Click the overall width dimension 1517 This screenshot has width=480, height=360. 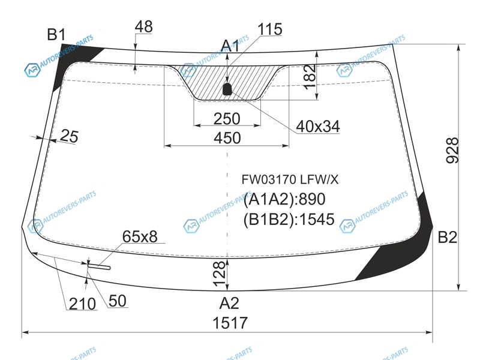[230, 323]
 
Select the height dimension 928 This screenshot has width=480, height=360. [453, 150]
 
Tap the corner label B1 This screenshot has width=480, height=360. [56, 34]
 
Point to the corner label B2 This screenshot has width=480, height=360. [448, 237]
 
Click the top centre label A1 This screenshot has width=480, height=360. [230, 46]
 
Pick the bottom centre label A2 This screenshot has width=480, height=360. [229, 304]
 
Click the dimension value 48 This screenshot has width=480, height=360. [143, 26]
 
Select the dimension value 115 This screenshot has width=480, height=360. [269, 29]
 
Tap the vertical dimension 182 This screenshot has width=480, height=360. [310, 77]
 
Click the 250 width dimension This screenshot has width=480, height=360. [227, 119]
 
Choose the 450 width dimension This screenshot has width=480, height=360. [227, 138]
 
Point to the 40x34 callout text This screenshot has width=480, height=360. [318, 126]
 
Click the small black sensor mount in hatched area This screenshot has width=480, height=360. [227, 88]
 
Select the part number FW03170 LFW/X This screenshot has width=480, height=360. [290, 179]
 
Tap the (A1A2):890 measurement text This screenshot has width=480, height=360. [284, 199]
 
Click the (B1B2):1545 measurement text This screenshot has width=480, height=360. [289, 220]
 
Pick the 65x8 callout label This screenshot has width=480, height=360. [140, 236]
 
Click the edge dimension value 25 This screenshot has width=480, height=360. [69, 136]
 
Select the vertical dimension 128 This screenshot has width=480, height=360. [219, 274]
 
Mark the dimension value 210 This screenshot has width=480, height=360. [82, 304]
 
